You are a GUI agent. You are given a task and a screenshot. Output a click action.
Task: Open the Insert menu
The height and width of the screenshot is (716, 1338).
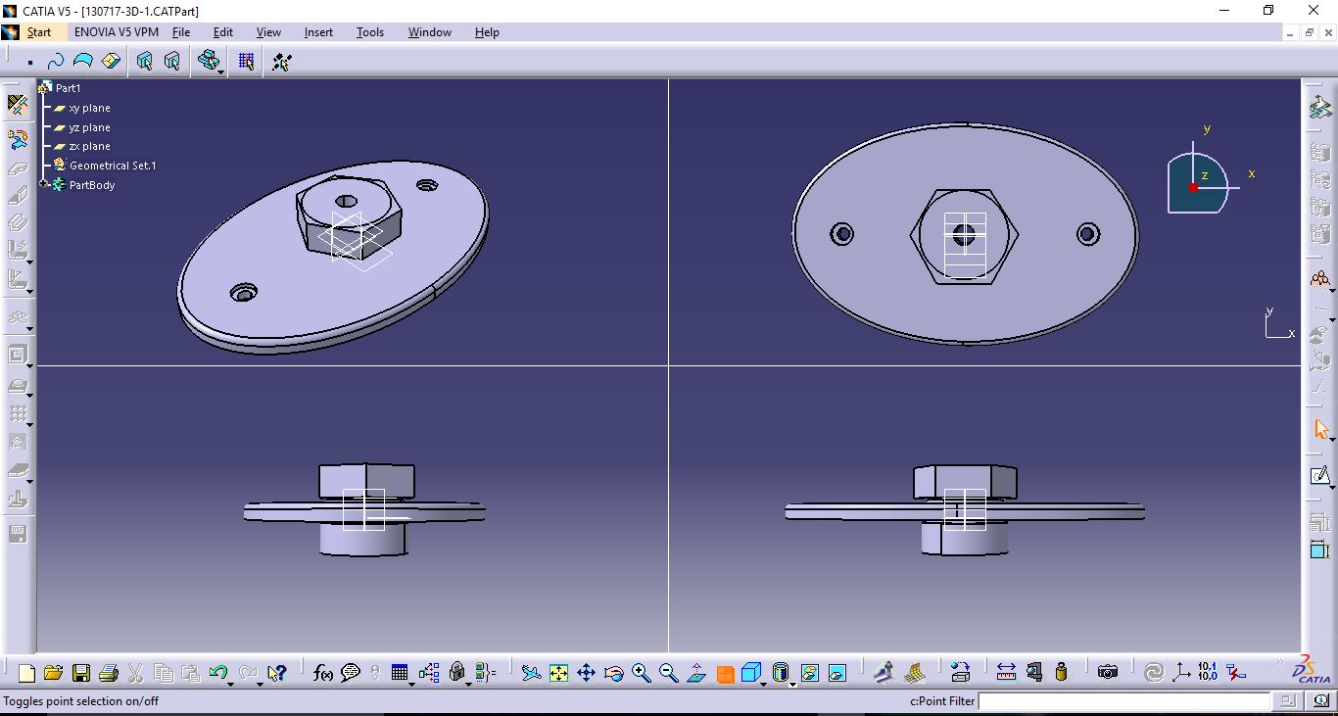[x=318, y=32]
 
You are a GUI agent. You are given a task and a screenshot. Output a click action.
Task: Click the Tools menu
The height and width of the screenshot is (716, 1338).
[x=369, y=32]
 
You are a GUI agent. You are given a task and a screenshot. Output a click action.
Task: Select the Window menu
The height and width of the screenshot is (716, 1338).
[x=429, y=32]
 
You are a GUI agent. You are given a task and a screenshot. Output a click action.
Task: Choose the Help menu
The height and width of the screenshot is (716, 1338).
[x=487, y=32]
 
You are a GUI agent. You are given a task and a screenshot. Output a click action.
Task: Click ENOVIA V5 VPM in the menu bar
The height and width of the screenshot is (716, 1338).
[x=116, y=32]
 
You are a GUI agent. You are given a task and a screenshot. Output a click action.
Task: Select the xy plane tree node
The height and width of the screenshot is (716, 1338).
[x=89, y=108]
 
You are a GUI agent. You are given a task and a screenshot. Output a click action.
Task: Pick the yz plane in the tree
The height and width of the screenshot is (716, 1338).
[x=89, y=127]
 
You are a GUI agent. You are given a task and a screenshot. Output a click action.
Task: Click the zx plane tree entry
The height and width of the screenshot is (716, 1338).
[x=89, y=146]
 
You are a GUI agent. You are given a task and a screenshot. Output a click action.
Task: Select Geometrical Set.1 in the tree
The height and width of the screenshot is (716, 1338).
[x=113, y=166]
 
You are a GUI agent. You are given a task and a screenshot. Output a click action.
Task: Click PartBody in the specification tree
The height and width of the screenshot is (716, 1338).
[x=92, y=185]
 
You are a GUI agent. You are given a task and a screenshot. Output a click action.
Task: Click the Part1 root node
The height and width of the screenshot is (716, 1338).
[x=68, y=88]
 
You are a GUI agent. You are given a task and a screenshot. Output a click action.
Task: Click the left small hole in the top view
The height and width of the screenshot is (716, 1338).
[x=841, y=234]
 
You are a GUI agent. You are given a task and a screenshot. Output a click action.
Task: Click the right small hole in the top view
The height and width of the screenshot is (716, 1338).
[x=1087, y=234]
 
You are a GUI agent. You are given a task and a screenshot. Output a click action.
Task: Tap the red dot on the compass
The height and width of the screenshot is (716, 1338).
[x=1193, y=187]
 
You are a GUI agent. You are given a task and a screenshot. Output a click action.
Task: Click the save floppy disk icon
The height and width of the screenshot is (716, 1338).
[x=81, y=673]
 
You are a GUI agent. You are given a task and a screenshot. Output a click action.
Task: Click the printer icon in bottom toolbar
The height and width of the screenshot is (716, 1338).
[x=109, y=673]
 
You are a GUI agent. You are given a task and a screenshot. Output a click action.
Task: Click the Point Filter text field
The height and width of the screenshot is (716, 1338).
[x=1124, y=701]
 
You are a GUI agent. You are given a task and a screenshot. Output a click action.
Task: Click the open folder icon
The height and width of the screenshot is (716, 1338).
[x=53, y=673]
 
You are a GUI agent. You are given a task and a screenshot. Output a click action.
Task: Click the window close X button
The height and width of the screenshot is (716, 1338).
[x=1314, y=11]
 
